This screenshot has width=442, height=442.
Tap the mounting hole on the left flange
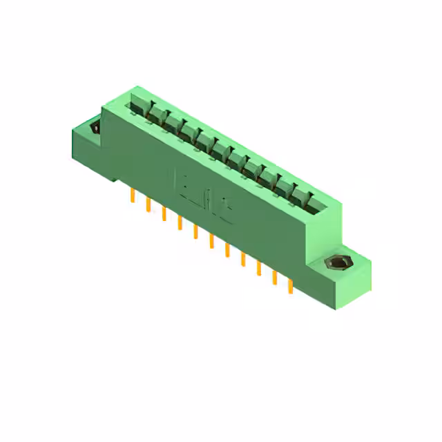click(x=95, y=128)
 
